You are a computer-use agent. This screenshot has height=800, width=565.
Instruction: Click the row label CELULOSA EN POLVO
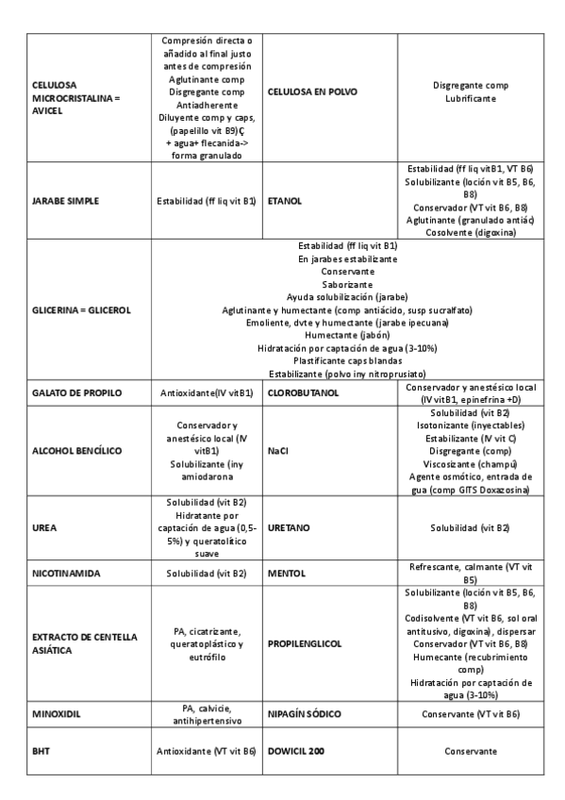click(x=311, y=92)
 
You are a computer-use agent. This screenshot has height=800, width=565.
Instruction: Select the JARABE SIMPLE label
click(x=65, y=201)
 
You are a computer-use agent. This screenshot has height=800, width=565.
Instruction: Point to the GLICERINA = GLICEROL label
click(x=81, y=309)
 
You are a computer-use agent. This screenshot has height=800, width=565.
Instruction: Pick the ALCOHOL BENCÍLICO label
click(x=76, y=451)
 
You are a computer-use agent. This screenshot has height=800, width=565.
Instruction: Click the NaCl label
click(x=278, y=451)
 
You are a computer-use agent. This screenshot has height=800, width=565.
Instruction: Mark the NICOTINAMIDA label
click(x=66, y=573)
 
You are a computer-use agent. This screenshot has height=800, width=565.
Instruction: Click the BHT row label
click(x=42, y=751)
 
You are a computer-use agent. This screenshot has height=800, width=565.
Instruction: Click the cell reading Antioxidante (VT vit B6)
click(x=206, y=751)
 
